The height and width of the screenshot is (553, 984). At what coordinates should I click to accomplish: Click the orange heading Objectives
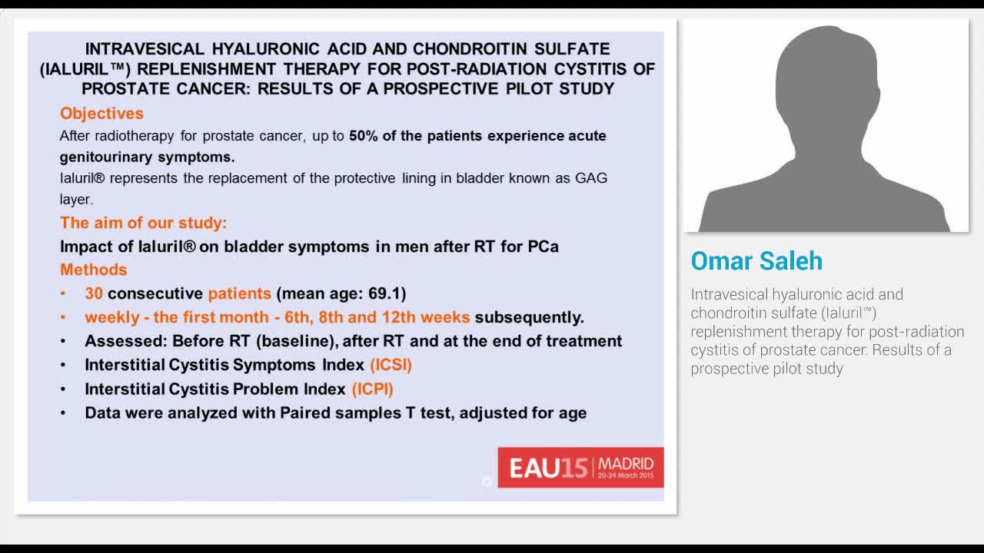[101, 114]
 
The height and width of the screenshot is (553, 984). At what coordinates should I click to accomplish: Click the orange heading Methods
[93, 270]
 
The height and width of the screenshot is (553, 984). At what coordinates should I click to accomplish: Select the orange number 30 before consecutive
[94, 293]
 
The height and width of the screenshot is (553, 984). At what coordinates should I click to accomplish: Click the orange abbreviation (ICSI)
[391, 365]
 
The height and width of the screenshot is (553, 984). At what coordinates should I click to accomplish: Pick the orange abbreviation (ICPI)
[372, 389]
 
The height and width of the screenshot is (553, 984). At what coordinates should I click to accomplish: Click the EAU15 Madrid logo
[580, 467]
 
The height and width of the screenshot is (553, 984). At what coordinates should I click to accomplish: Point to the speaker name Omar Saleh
[756, 261]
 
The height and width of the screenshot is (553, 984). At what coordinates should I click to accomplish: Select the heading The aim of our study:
[143, 224]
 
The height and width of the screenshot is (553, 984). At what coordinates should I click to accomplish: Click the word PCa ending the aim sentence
[543, 247]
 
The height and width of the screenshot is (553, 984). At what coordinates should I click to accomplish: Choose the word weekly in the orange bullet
[111, 317]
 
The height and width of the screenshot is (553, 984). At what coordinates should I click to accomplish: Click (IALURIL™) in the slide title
[85, 69]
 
